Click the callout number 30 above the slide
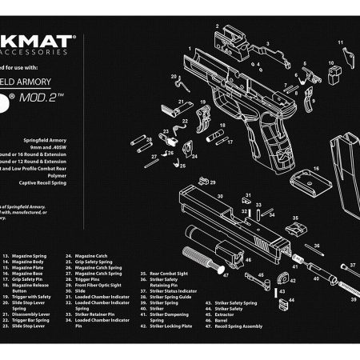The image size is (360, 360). pyautogui.click(x=220, y=194)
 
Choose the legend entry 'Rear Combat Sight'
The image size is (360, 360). pyautogui.click(x=164, y=296)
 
